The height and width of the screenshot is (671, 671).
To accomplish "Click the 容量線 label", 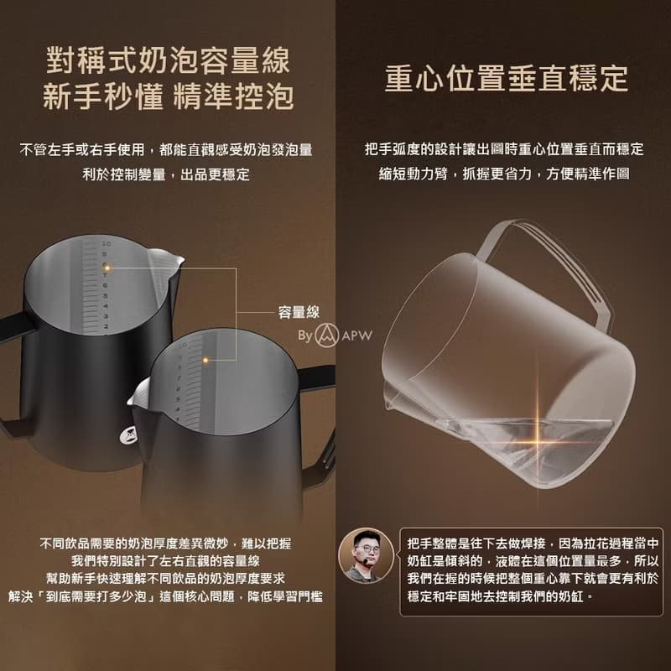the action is (x=299, y=312).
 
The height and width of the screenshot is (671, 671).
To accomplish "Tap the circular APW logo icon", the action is (x=327, y=335).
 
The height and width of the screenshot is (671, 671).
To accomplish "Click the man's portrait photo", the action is (x=366, y=555).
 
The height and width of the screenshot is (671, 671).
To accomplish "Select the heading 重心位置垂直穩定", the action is (x=507, y=78).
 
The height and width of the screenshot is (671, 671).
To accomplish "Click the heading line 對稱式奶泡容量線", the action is (x=169, y=60).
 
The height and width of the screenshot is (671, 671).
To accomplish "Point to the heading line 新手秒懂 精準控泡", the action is (x=169, y=96).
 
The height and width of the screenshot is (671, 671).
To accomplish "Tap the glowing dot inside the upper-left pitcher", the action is (x=107, y=268).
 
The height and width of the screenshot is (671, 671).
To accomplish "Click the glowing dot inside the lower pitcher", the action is (x=205, y=361).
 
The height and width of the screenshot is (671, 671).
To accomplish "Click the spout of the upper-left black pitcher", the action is (x=169, y=259).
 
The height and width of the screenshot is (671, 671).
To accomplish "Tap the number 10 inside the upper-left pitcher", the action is (x=107, y=244).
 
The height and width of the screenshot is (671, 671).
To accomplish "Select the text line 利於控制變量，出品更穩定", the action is (x=166, y=174).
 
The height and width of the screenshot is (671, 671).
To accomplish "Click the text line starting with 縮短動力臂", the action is (x=504, y=174).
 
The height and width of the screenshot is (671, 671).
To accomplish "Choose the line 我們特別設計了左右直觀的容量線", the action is (x=165, y=561).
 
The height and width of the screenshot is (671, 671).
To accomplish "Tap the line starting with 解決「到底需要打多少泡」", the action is (x=165, y=596).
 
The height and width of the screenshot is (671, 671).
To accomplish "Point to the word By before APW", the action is (x=305, y=336).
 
